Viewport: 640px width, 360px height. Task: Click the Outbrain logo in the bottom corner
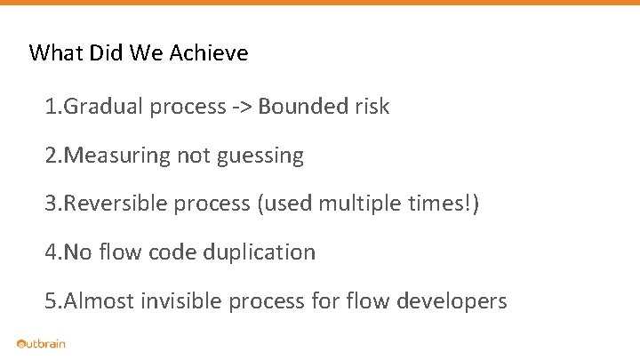pyautogui.click(x=41, y=344)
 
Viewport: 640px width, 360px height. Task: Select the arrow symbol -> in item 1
pyautogui.click(x=243, y=108)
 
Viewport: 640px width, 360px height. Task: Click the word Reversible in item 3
pyautogui.click(x=114, y=204)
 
